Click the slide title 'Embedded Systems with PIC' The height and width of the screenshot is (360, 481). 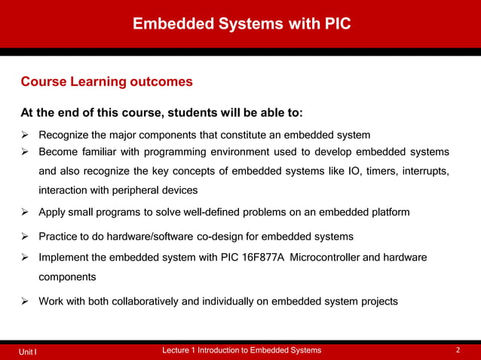[x=241, y=24]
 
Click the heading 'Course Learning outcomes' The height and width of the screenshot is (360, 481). [x=106, y=81]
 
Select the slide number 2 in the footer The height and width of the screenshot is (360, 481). [x=458, y=350]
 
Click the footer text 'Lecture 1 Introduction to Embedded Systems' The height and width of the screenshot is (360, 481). [x=241, y=350]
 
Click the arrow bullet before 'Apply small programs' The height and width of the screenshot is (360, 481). [x=25, y=212]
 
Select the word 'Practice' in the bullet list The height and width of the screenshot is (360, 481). [x=60, y=237]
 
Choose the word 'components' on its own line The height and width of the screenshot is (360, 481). [x=67, y=277]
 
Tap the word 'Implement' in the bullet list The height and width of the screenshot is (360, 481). [x=64, y=258]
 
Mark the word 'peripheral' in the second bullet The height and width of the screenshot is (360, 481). [x=127, y=190]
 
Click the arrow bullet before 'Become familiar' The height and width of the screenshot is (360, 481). [x=25, y=151]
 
